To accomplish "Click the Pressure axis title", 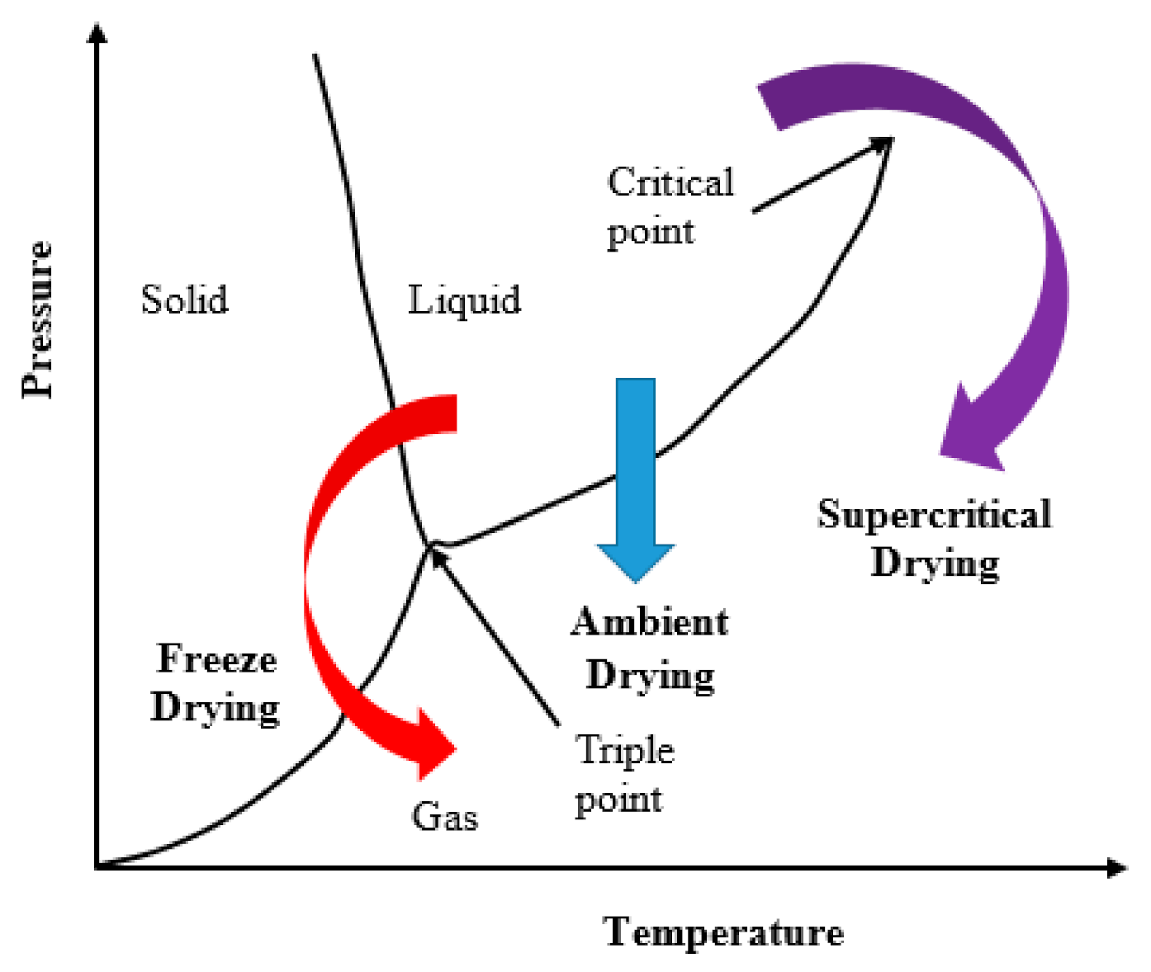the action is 37,319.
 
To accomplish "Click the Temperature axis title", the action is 723,932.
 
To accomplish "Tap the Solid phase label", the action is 184,300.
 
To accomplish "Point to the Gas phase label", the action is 444,817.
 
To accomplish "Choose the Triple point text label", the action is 623,774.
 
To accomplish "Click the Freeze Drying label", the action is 216,683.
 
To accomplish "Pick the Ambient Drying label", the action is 650,648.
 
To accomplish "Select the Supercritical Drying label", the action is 935,538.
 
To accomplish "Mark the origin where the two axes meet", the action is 98,866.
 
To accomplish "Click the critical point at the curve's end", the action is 889,139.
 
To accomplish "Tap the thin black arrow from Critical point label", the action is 817,177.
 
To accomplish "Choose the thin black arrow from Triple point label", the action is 495,635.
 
